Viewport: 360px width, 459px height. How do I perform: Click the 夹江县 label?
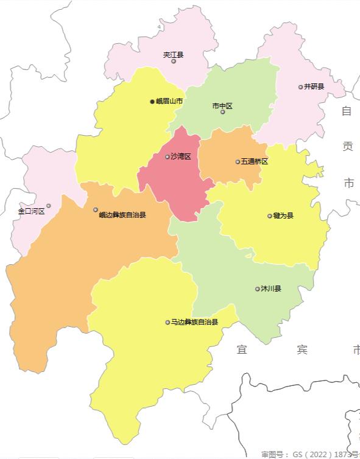click(x=174, y=55)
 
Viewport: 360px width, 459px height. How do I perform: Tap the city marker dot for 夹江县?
click(x=174, y=61)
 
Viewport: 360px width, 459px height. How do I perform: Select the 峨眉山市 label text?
click(x=169, y=102)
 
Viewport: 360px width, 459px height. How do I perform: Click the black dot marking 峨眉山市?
click(x=152, y=102)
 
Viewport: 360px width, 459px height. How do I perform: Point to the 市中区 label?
click(x=222, y=106)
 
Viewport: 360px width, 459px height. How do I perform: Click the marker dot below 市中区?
click(x=223, y=112)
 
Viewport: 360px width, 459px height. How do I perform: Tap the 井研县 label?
click(x=314, y=86)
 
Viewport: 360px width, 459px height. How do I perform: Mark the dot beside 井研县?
click(x=300, y=87)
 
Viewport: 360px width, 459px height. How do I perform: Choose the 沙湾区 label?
click(x=181, y=156)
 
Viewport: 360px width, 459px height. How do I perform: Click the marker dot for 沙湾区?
click(x=168, y=157)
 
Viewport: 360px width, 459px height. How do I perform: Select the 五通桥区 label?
click(x=255, y=161)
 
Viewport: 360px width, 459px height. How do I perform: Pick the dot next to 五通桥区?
click(x=238, y=161)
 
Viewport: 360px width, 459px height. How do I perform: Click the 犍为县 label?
click(x=283, y=215)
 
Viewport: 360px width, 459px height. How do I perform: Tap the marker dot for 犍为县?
click(x=270, y=215)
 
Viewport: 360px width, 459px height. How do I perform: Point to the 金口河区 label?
click(x=31, y=211)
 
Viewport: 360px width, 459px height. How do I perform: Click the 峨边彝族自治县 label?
click(x=122, y=215)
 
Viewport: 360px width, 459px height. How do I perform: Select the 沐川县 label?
click(x=271, y=289)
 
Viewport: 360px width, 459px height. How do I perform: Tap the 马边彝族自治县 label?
click(x=194, y=322)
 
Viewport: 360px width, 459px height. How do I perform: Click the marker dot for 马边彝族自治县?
click(x=168, y=323)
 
